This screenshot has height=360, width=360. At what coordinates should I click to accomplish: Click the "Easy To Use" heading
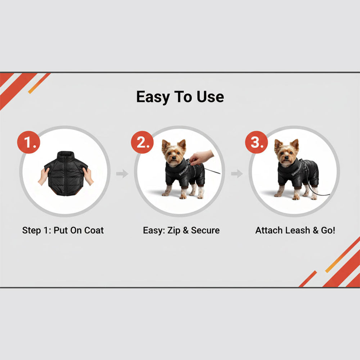pos(180,97)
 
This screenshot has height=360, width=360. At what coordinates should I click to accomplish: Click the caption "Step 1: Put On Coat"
pos(63,230)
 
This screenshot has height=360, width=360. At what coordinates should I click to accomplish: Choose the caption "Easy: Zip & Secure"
pos(181,230)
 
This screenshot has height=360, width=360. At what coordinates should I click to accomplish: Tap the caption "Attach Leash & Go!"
pos(295,230)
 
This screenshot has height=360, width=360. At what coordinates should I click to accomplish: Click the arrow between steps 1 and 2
pos(122,174)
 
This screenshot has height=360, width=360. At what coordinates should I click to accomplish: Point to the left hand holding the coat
pos(44,176)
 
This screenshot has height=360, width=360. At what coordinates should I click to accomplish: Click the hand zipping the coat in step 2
pos(201,157)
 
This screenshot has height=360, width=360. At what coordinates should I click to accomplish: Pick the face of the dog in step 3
pos(287,153)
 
